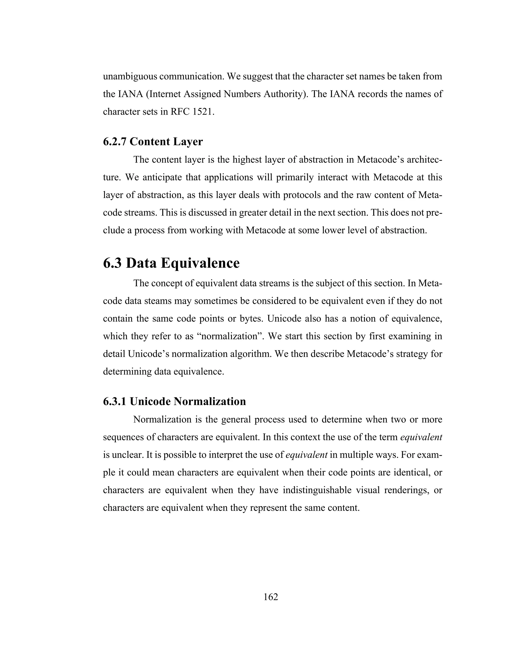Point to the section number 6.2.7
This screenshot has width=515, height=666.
point(115,142)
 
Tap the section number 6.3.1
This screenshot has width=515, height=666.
point(115,402)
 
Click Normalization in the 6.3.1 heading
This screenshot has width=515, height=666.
point(210,402)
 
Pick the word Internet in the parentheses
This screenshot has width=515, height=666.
point(165,94)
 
